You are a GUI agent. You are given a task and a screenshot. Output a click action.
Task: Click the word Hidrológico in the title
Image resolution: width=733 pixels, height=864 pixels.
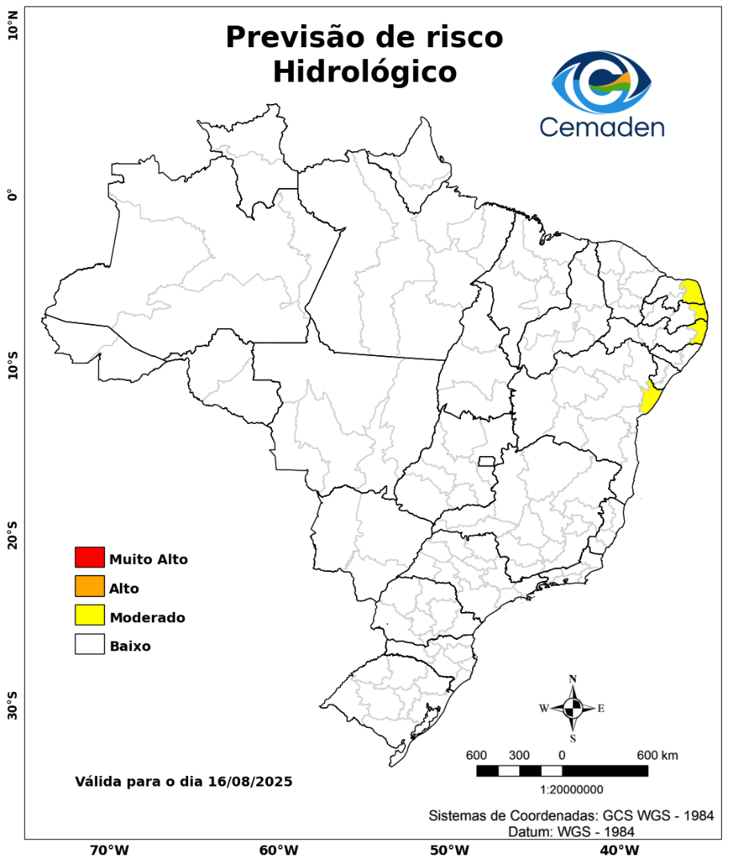(x=364, y=71)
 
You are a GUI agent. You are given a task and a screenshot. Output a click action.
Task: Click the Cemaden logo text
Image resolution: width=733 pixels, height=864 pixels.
(x=602, y=126)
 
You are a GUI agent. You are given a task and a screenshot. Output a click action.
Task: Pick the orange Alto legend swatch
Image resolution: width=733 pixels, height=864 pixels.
(x=90, y=586)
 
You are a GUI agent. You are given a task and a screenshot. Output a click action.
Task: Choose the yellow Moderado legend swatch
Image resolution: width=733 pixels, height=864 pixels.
(x=90, y=615)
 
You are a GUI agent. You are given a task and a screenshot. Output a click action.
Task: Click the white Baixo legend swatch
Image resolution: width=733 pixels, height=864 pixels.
(x=90, y=644)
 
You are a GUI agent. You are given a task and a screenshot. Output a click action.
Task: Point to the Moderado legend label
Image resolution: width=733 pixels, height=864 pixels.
(x=147, y=618)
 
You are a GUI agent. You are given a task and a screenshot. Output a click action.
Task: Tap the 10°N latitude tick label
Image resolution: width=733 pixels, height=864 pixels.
(x=13, y=31)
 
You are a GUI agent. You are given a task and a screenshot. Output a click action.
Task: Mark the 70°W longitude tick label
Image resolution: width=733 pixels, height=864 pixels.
(x=109, y=850)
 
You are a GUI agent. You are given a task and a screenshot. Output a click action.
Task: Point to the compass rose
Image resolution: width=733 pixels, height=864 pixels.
(x=573, y=708)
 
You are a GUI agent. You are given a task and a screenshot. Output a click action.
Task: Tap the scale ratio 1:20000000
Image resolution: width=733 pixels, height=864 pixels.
(x=572, y=790)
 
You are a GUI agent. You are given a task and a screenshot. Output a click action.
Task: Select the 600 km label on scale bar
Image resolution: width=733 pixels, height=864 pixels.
(x=657, y=755)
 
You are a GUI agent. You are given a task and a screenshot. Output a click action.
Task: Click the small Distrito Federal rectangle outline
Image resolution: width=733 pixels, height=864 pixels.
(x=487, y=461)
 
